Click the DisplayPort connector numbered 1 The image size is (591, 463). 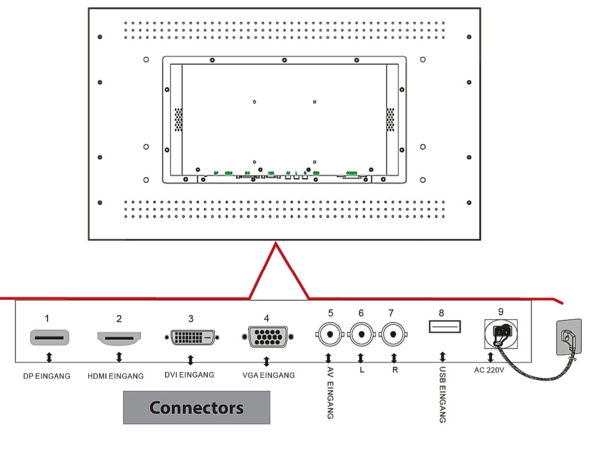tap(49, 338)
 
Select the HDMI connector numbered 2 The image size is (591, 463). tap(119, 338)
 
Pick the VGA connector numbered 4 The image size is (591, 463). tap(267, 337)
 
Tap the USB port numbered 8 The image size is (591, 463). tap(444, 327)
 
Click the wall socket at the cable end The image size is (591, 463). tap(570, 338)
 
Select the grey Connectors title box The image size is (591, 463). tap(196, 407)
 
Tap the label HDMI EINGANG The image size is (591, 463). tap(116, 376)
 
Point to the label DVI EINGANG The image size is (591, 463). tap(189, 375)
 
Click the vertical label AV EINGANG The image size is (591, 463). tap(330, 393)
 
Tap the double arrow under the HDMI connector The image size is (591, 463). tap(119, 358)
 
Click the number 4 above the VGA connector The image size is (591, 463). tap(266, 318)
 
